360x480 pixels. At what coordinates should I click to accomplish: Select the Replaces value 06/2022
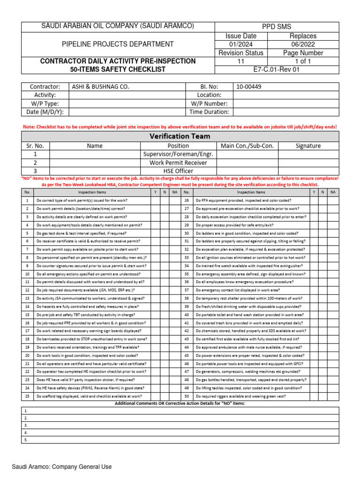303,44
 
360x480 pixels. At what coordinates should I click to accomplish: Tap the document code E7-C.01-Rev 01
276,70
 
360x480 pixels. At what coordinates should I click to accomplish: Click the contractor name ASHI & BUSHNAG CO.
100,87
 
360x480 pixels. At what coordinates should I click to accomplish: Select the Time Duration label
209,112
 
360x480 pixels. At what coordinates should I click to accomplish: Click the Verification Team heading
180,136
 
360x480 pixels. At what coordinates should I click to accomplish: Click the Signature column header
308,146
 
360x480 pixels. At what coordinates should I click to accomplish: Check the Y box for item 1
155,201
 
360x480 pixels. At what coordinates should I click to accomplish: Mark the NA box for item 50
333,396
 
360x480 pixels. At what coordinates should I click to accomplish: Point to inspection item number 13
27,298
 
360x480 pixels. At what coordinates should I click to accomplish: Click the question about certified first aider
247,339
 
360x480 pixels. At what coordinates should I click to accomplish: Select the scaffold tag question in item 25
89,396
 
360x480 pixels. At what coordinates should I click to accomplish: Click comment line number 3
26,425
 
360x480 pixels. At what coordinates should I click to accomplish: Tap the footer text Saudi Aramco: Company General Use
61,467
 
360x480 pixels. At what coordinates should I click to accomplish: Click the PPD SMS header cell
277,27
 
